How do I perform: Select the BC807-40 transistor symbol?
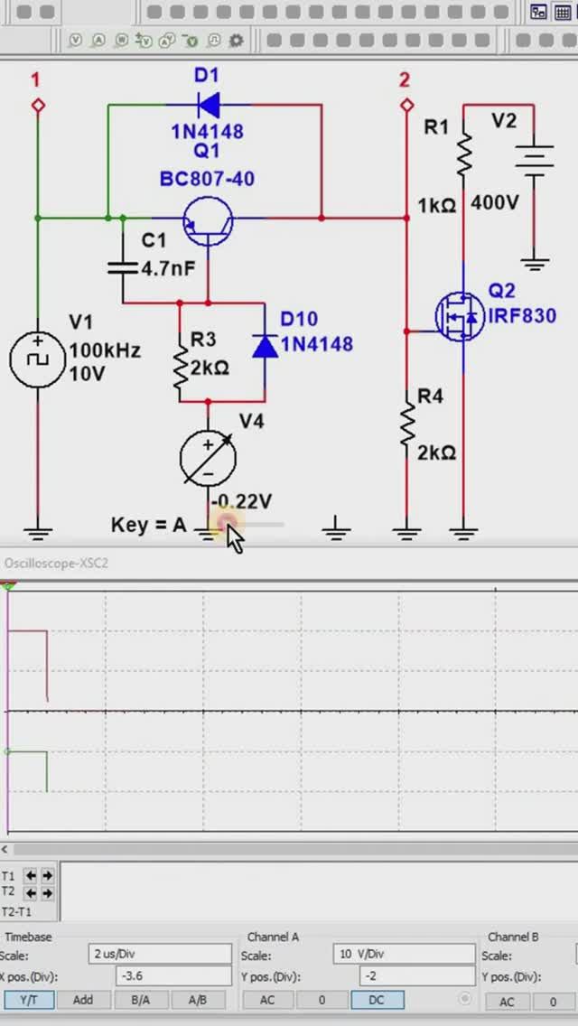(208, 219)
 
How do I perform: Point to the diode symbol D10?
(265, 346)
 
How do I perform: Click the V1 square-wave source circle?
(38, 358)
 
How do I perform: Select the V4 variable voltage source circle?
(209, 458)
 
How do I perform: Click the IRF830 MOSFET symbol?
(457, 316)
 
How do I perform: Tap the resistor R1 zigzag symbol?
(464, 155)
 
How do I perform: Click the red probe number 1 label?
(36, 80)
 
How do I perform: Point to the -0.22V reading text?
(241, 501)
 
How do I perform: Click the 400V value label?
(495, 203)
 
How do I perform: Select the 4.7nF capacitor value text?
(168, 267)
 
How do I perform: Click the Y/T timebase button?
(29, 1000)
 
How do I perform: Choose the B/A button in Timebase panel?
(140, 1000)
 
